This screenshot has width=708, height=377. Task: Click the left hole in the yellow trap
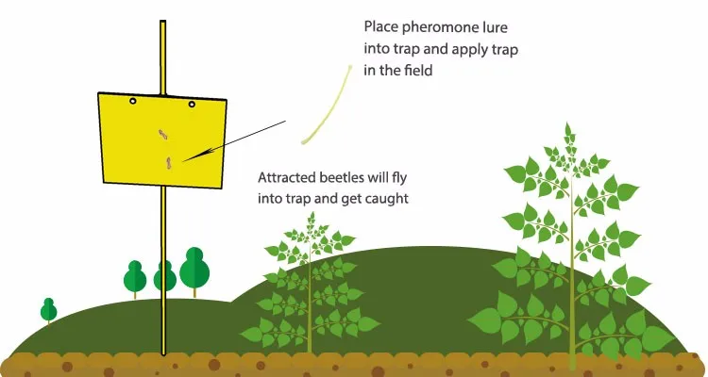pyautogui.click(x=133, y=101)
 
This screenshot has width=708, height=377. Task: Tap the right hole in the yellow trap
pyautogui.click(x=192, y=104)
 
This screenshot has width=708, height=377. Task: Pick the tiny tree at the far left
pyautogui.click(x=48, y=310)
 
